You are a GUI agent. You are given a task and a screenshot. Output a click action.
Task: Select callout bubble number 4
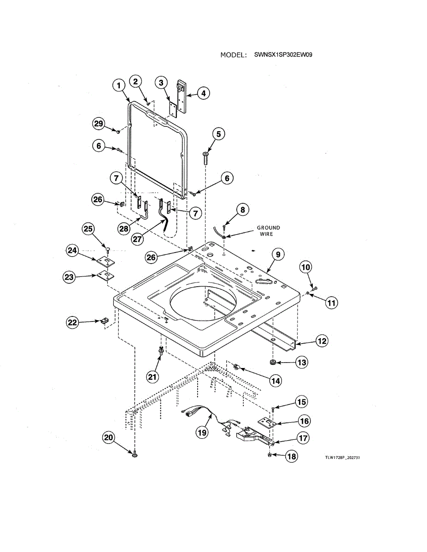(x=203, y=93)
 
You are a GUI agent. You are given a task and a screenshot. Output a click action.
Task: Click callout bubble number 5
(x=218, y=134)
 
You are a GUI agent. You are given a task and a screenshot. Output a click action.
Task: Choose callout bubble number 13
(x=301, y=362)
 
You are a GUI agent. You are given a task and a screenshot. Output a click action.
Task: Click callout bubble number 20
(x=108, y=438)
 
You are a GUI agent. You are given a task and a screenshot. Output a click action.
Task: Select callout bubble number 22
(x=73, y=322)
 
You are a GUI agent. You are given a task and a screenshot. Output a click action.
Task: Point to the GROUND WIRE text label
(x=268, y=231)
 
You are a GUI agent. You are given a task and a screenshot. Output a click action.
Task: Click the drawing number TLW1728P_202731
(x=342, y=458)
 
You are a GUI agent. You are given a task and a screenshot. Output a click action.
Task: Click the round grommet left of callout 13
(x=273, y=362)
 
